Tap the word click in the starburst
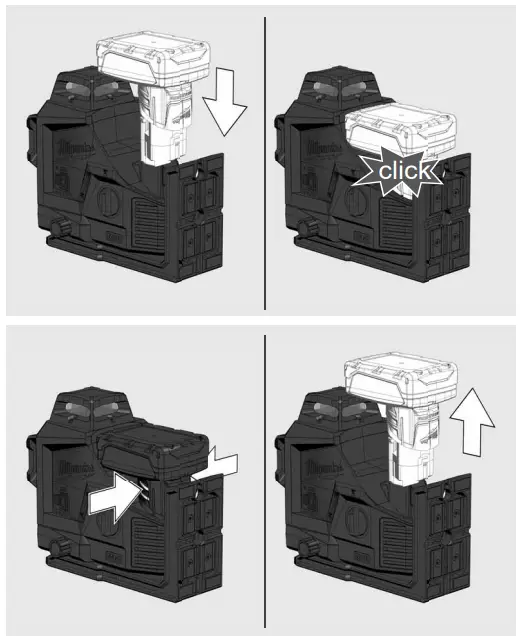[x=406, y=172]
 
